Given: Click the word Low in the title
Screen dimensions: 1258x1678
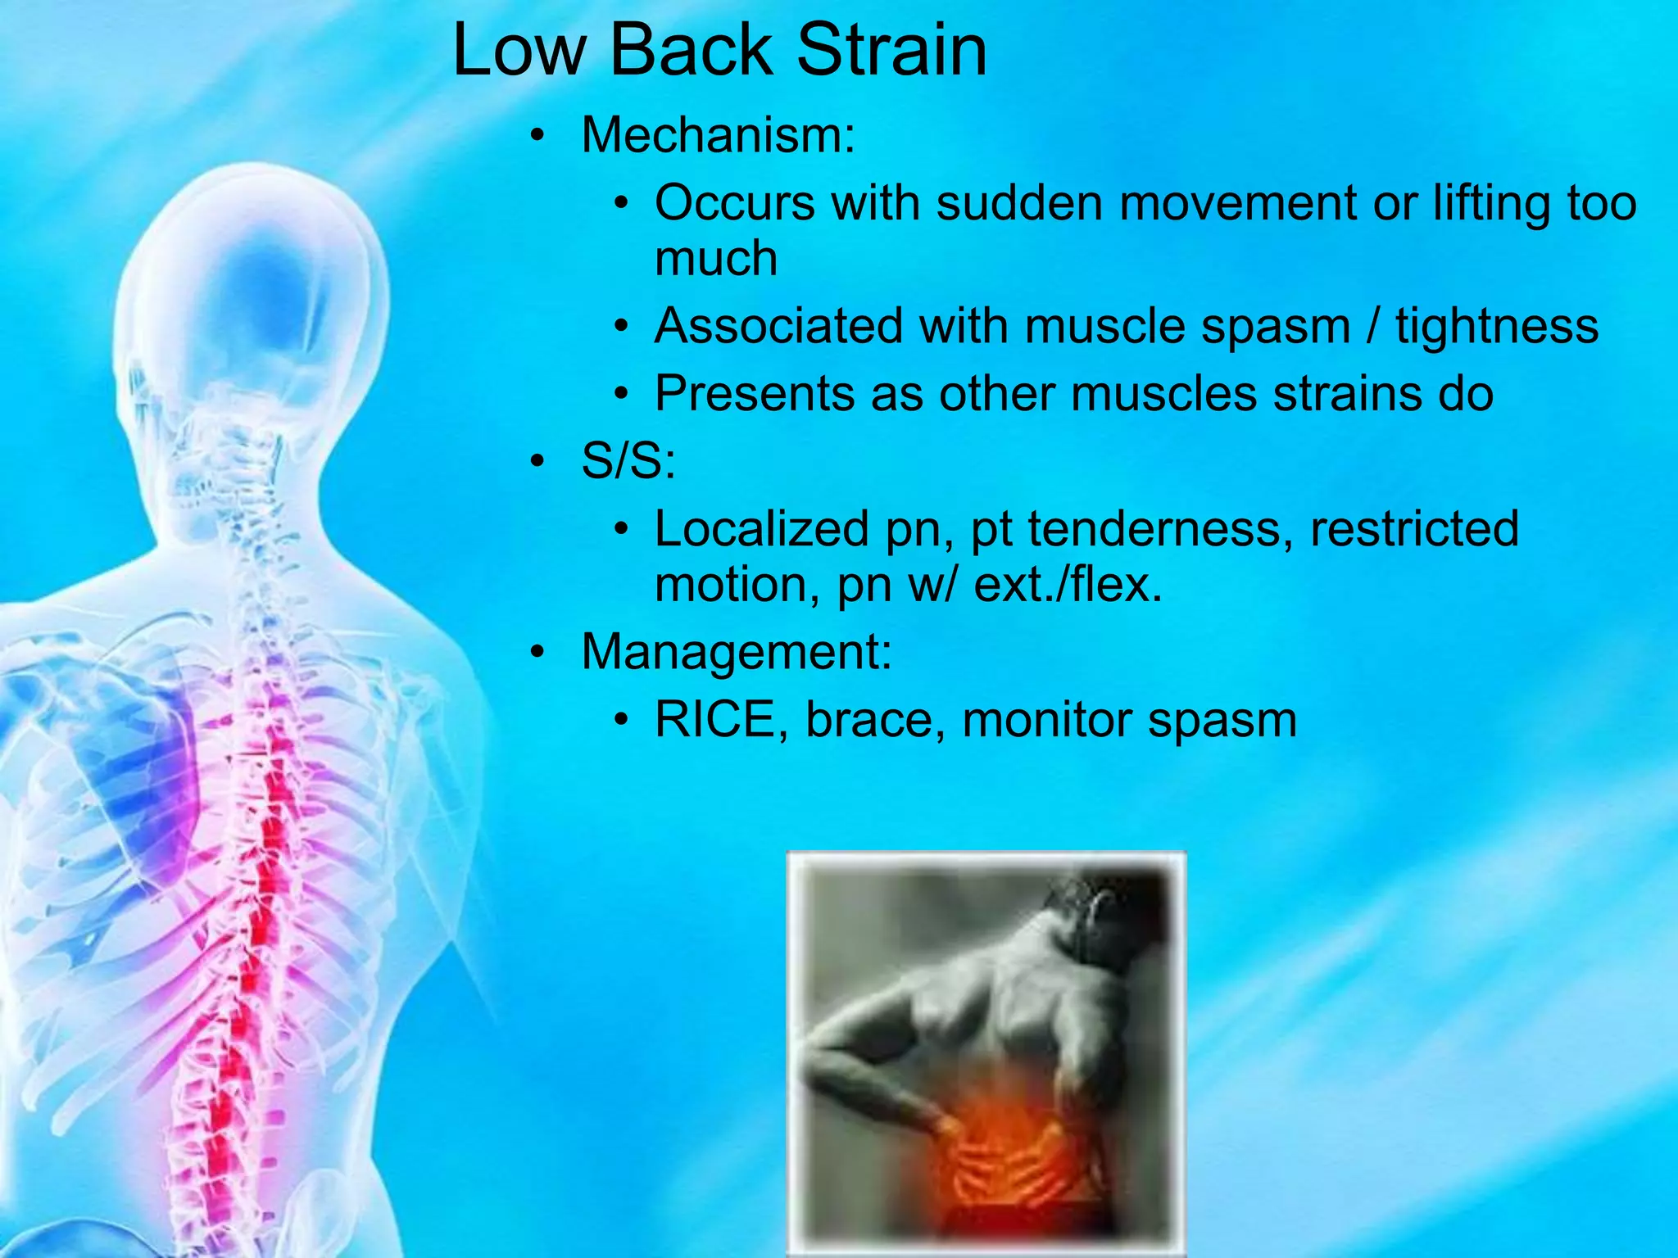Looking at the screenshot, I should point(519,51).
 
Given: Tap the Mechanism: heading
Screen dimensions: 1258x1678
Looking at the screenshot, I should point(718,135).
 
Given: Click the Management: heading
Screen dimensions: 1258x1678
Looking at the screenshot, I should point(736,653).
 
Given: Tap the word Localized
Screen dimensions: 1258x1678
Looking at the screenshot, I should point(761,529).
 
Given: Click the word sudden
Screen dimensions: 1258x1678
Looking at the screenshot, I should point(1019,203).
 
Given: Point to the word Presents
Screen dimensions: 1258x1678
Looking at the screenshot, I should point(754,395).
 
